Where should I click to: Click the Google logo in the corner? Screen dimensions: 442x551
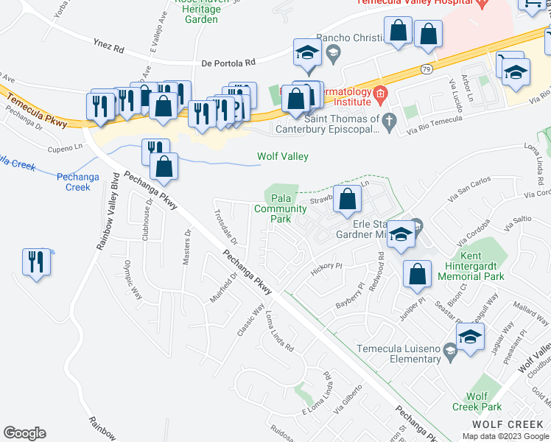(24, 433)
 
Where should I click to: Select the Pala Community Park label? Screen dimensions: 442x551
(280, 208)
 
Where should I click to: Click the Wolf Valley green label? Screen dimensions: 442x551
(282, 156)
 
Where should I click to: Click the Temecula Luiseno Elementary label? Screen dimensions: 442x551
(399, 354)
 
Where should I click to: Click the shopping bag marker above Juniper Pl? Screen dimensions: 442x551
(417, 273)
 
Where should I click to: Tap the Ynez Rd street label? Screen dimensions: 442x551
(108, 46)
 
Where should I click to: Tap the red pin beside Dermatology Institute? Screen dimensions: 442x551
(380, 94)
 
